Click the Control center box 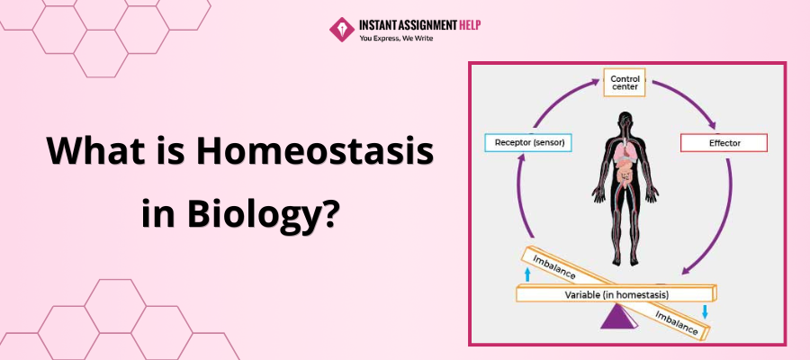pyautogui.click(x=625, y=83)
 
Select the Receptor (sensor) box pyautogui.click(x=528, y=142)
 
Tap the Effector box pyautogui.click(x=724, y=142)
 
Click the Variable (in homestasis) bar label pyautogui.click(x=616, y=295)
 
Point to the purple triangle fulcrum pyautogui.click(x=619, y=316)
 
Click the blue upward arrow pyautogui.click(x=527, y=274)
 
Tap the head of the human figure pyautogui.click(x=625, y=121)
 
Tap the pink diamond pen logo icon pyautogui.click(x=342, y=30)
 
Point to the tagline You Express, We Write pyautogui.click(x=396, y=38)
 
